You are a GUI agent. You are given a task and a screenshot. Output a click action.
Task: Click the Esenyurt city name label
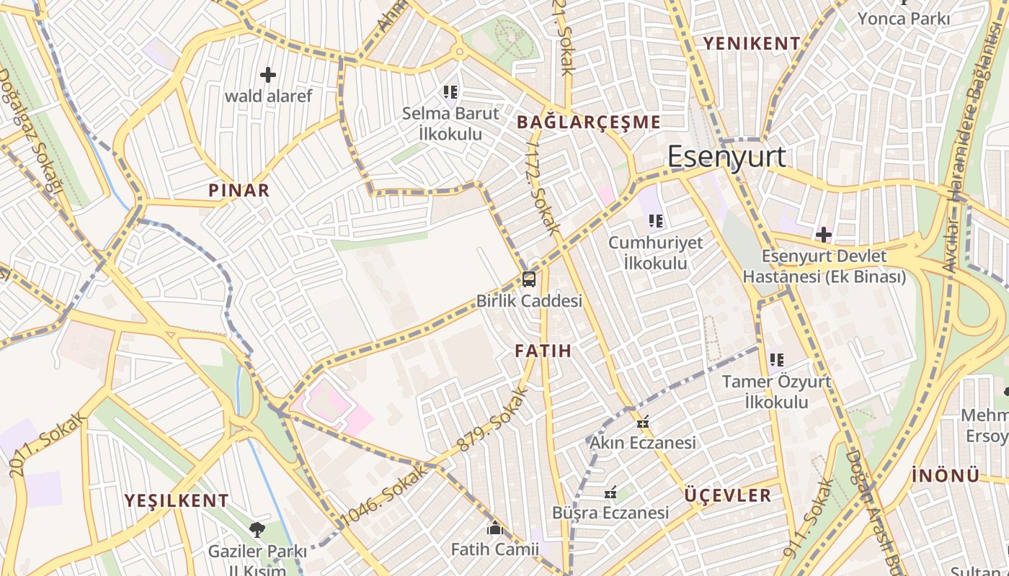(726, 157)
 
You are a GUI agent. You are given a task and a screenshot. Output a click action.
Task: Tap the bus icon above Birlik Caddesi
(529, 279)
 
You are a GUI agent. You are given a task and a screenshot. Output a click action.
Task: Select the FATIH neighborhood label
(543, 351)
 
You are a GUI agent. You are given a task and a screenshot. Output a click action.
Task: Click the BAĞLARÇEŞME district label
(589, 122)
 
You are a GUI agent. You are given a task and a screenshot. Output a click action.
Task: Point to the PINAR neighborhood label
(239, 191)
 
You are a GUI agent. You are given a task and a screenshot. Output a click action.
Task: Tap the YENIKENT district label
(752, 44)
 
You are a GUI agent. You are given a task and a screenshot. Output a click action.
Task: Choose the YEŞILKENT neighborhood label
(177, 500)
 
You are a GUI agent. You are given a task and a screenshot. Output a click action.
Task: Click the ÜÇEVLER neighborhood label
(728, 495)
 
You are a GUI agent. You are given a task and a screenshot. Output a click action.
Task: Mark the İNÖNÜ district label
(946, 476)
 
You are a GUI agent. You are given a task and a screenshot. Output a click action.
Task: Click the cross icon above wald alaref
(268, 75)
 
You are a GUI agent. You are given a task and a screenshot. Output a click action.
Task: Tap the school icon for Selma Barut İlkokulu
(450, 92)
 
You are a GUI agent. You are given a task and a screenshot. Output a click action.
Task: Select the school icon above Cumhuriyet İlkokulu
(655, 221)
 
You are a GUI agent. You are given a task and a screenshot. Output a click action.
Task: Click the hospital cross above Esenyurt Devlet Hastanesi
(824, 235)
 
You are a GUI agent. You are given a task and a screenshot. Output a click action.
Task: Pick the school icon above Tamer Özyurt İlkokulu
(776, 359)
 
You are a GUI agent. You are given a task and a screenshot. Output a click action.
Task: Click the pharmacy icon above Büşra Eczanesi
(610, 493)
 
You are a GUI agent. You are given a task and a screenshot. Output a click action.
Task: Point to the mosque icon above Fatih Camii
(494, 529)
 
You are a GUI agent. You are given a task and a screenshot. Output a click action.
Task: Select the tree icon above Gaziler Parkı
(257, 531)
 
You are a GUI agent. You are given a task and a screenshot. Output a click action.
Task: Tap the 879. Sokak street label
(493, 420)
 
